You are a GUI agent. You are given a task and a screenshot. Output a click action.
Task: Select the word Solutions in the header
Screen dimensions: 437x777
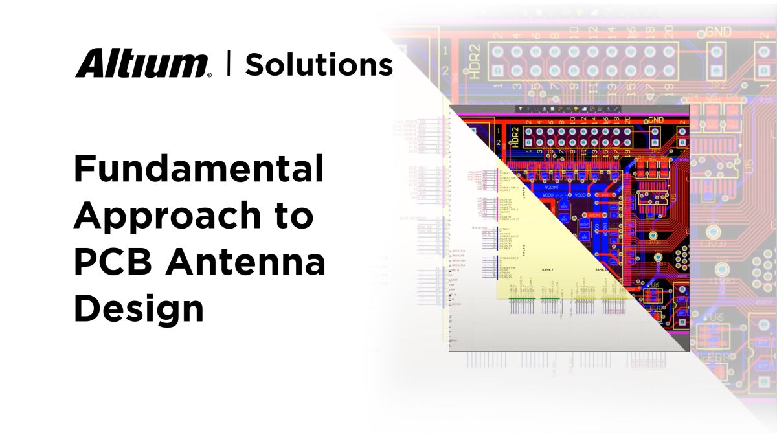(x=319, y=65)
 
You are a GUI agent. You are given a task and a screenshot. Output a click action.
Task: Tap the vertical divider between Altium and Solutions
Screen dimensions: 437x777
(x=228, y=64)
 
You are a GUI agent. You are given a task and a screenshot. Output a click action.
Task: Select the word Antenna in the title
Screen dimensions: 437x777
(x=244, y=263)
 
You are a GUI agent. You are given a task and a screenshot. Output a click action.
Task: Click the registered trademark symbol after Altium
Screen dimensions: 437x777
(x=208, y=75)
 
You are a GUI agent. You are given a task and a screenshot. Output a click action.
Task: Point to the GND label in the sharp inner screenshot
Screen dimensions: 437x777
(x=656, y=120)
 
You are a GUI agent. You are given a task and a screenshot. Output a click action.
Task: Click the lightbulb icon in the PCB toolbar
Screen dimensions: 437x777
(x=576, y=109)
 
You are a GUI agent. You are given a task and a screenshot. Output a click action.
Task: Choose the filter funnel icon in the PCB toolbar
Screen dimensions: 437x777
(x=519, y=109)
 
